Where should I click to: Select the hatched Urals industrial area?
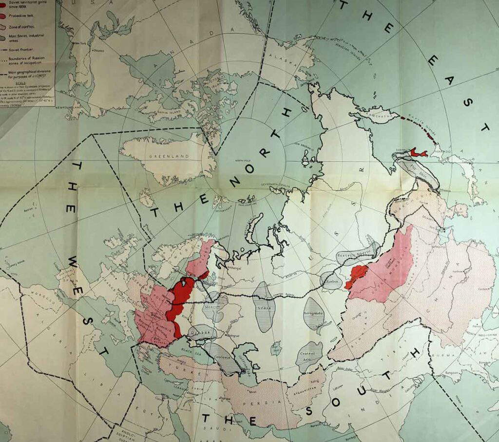pos(264,307)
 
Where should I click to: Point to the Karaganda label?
pos(313,313)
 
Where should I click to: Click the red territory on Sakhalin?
pos(418,153)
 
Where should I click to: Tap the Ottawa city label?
pos(99,50)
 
